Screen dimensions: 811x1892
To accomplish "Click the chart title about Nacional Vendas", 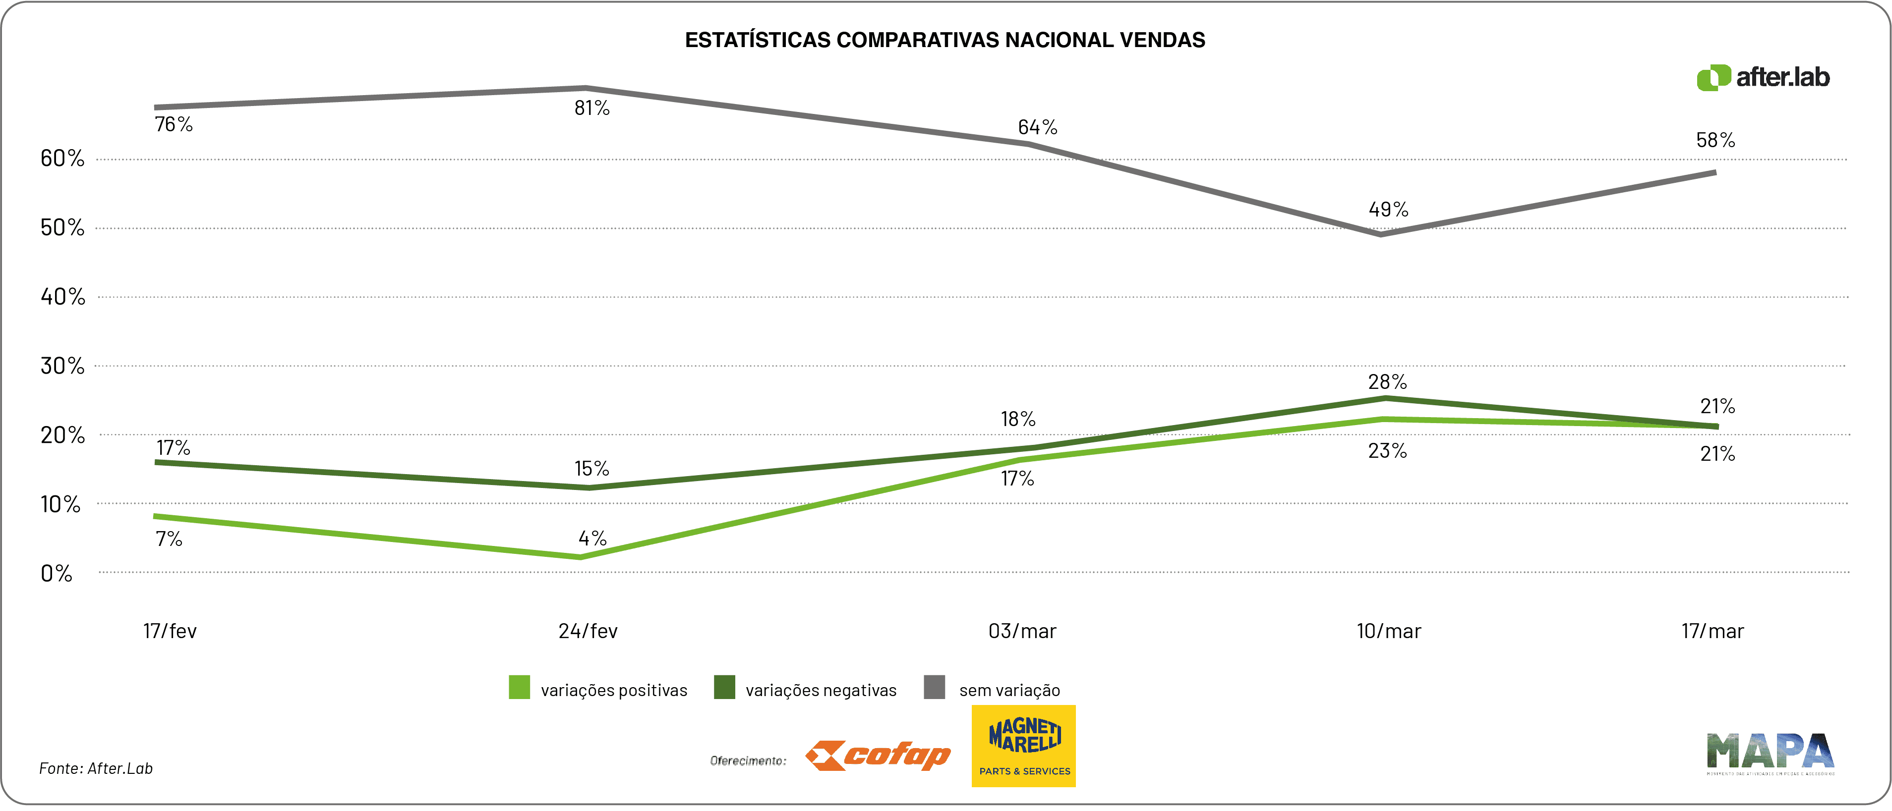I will click(x=945, y=40).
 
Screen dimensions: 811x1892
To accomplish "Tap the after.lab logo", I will click(x=1763, y=77).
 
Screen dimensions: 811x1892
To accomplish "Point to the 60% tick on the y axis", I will click(x=62, y=158).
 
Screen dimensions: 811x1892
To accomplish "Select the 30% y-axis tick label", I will click(x=62, y=366).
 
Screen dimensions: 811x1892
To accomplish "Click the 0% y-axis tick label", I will click(x=57, y=573).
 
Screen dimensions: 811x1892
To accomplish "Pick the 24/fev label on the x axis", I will click(x=588, y=631).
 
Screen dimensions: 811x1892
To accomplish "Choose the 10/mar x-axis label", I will click(x=1388, y=631).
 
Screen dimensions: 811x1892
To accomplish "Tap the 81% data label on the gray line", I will click(x=592, y=108).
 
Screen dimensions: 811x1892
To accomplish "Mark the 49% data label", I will click(x=1388, y=210).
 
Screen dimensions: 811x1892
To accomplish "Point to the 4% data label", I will click(x=592, y=539).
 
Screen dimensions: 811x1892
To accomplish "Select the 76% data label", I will click(x=174, y=125).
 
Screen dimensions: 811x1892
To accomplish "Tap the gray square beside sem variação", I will click(x=934, y=688).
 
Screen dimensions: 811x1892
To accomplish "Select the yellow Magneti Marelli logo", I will click(x=1024, y=746).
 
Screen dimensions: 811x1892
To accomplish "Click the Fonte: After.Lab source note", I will click(x=96, y=768).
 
